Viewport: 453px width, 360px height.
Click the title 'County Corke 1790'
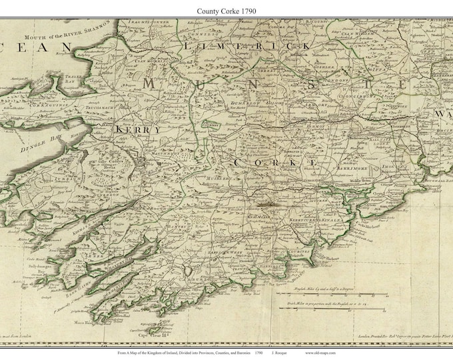(x=226, y=11)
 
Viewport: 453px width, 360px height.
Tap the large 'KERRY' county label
(x=139, y=130)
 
